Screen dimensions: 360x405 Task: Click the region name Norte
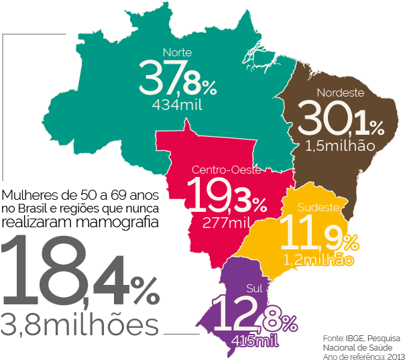[x=177, y=52]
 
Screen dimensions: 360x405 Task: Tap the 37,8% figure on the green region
[x=178, y=78]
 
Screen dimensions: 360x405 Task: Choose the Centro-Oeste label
[x=226, y=170]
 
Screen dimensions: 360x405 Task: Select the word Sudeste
[x=318, y=207]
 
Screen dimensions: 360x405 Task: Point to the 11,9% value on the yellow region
[x=317, y=234]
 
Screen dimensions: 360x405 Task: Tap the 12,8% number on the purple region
[x=253, y=315]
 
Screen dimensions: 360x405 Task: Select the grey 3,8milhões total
[x=80, y=325]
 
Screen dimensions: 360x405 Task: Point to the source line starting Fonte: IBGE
[x=361, y=337]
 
